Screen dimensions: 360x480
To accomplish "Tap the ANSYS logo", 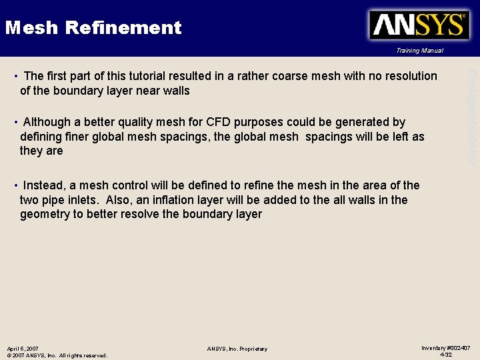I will tap(418, 25).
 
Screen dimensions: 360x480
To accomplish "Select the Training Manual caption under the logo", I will tap(419, 51).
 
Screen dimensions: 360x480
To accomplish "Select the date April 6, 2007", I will tap(23, 349).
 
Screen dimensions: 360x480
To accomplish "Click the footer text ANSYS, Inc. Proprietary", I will tap(237, 349).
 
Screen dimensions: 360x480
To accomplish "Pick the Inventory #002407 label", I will tap(446, 348).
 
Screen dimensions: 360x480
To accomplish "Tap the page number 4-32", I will tap(446, 355).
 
